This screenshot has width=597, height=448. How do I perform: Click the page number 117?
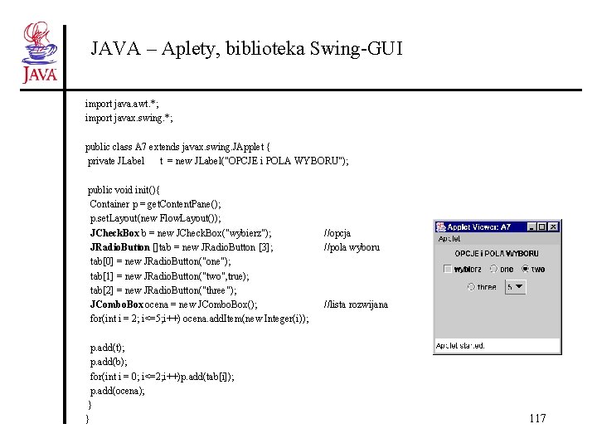click(537, 418)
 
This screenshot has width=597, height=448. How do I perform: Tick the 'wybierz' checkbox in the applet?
click(448, 269)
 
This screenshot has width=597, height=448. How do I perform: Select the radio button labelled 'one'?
click(495, 269)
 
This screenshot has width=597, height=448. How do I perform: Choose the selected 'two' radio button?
click(527, 269)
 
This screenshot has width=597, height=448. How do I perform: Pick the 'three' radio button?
click(472, 287)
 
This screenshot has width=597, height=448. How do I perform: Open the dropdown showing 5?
click(515, 287)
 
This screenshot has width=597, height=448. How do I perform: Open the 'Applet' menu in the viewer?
click(449, 239)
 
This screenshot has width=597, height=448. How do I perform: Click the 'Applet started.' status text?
click(460, 345)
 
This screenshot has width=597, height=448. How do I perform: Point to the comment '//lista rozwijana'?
click(356, 304)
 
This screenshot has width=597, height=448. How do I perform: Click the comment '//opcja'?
click(337, 233)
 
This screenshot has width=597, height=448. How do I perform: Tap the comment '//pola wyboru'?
click(352, 247)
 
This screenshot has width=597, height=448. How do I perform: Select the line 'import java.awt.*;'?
click(122, 104)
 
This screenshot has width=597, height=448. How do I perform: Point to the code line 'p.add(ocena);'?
click(117, 390)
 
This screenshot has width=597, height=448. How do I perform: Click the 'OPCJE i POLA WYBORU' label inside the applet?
click(497, 253)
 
